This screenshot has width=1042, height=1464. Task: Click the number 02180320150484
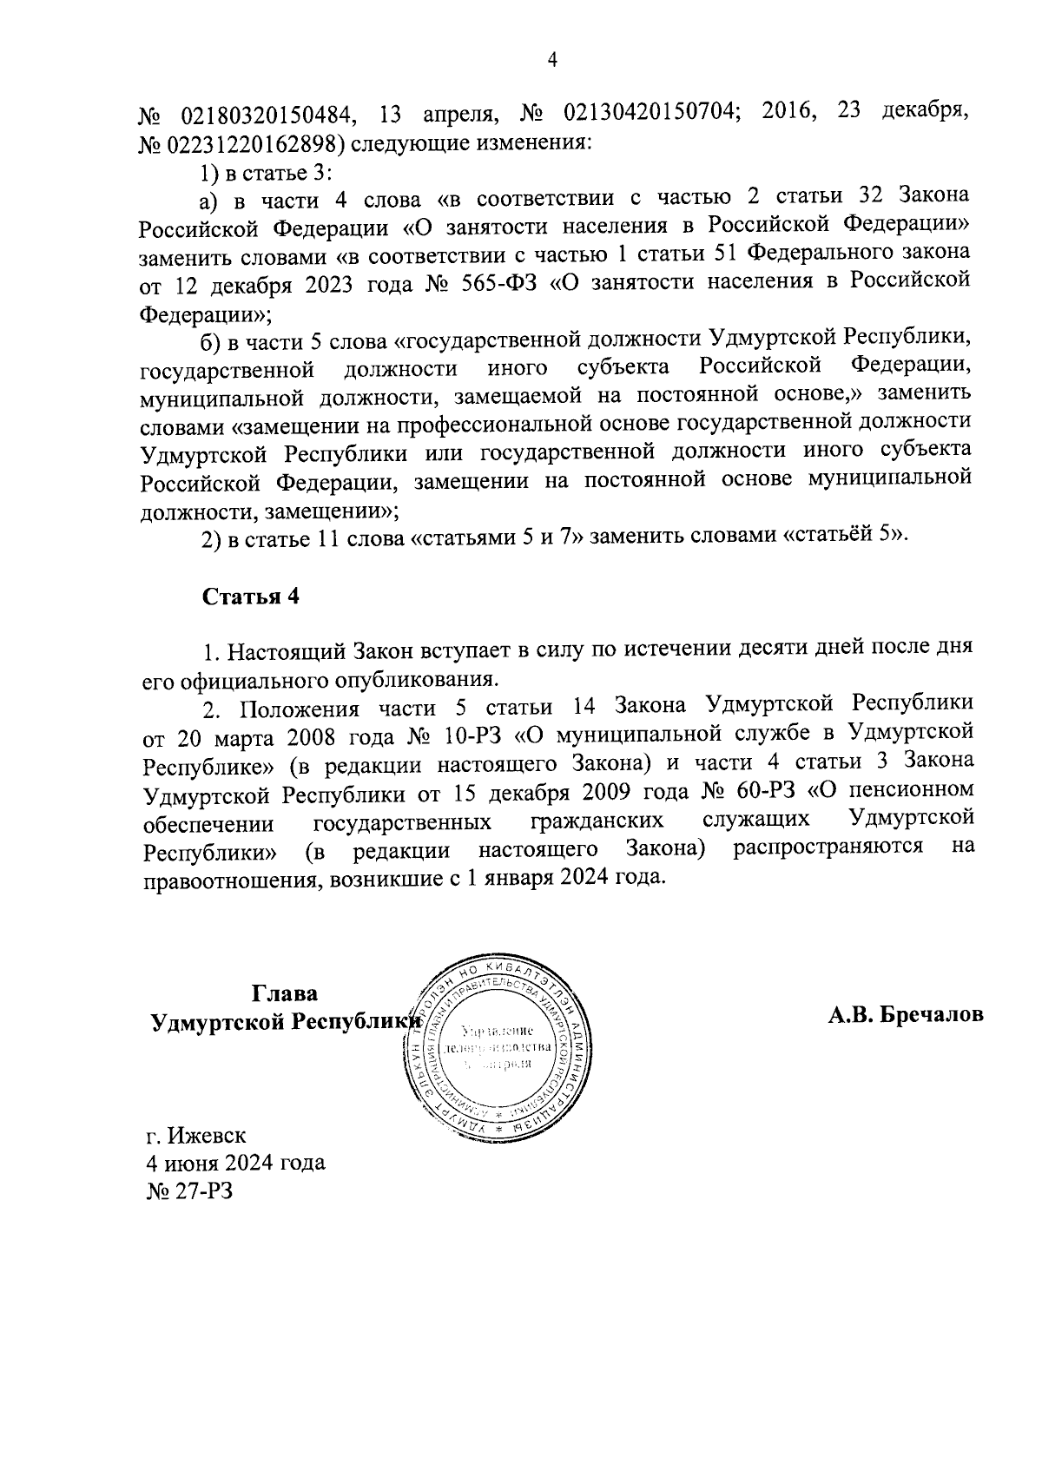[266, 114]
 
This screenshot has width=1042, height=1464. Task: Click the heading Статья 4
[251, 597]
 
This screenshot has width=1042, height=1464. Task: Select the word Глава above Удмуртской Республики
[285, 993]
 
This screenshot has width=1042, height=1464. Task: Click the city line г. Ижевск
[196, 1135]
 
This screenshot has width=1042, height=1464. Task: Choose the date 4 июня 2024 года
[234, 1163]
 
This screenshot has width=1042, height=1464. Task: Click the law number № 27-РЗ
[189, 1190]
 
